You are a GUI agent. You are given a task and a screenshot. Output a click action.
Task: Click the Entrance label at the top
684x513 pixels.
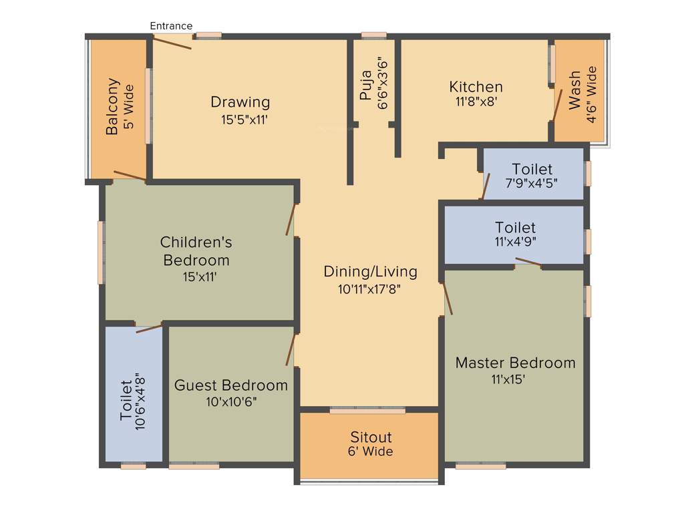click(x=171, y=26)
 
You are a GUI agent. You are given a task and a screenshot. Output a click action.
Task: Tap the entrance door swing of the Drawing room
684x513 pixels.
click(x=172, y=42)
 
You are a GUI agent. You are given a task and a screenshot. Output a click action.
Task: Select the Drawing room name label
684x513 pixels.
click(x=240, y=102)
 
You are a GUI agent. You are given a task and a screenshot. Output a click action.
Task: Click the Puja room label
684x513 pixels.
click(x=365, y=87)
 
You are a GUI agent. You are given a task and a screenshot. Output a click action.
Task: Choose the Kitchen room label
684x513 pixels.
click(x=476, y=87)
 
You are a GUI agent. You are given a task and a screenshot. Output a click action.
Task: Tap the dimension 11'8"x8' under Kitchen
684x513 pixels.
click(x=476, y=102)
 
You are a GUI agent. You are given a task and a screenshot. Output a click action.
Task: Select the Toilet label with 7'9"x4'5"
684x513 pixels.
click(x=532, y=169)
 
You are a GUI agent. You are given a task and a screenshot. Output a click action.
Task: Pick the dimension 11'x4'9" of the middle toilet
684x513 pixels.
click(x=515, y=243)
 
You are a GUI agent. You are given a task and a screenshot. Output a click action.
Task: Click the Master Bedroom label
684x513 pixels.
click(x=515, y=363)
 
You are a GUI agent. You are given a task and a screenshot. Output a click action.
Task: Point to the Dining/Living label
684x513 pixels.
click(x=370, y=271)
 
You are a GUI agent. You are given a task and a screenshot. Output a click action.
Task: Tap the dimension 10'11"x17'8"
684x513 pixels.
click(x=370, y=289)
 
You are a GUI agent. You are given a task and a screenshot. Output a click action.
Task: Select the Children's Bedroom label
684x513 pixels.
click(x=196, y=250)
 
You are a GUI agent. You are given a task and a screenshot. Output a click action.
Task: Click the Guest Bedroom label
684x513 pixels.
click(x=231, y=385)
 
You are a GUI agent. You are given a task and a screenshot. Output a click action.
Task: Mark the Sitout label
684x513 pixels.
click(x=371, y=437)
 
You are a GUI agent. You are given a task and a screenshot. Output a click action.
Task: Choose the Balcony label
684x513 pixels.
click(x=112, y=107)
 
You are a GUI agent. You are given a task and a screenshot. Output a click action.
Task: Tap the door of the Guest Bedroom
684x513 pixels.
click(x=291, y=350)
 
